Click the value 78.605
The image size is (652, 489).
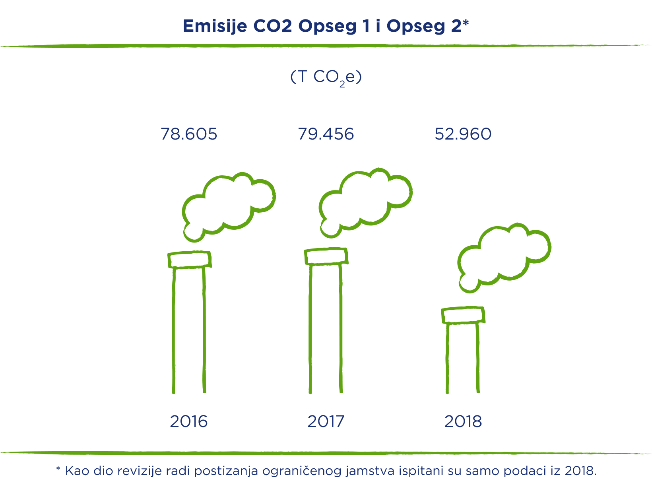(189, 134)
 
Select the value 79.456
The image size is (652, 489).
(326, 134)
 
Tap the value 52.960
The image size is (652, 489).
(463, 134)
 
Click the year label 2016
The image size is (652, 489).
(188, 421)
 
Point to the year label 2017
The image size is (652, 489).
(326, 421)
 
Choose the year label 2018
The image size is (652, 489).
(463, 421)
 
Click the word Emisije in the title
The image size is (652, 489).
(215, 27)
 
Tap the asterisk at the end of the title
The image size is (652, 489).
(466, 23)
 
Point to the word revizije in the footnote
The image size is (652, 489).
(139, 471)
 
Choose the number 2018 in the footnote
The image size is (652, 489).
(580, 471)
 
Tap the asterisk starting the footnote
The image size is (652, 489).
(58, 468)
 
